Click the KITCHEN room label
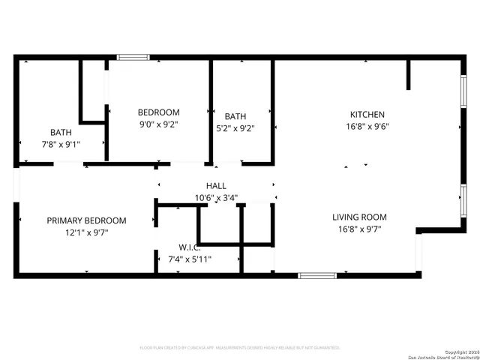tap(367, 115)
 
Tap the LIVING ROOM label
tap(360, 217)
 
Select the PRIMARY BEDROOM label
tap(86, 220)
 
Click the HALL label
tap(216, 186)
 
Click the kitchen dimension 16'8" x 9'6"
tap(367, 127)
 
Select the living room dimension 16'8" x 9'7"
tap(360, 229)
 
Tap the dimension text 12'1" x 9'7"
tap(86, 232)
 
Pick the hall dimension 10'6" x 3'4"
tap(216, 198)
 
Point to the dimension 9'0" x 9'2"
tap(158, 124)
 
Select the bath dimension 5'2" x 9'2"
tap(235, 128)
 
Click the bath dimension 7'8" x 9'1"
tap(61, 144)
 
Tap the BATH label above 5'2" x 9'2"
tap(235, 116)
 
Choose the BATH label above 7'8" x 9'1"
tap(61, 132)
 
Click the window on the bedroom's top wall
tap(133, 57)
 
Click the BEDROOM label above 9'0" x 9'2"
tap(158, 112)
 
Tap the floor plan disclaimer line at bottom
tap(240, 348)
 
